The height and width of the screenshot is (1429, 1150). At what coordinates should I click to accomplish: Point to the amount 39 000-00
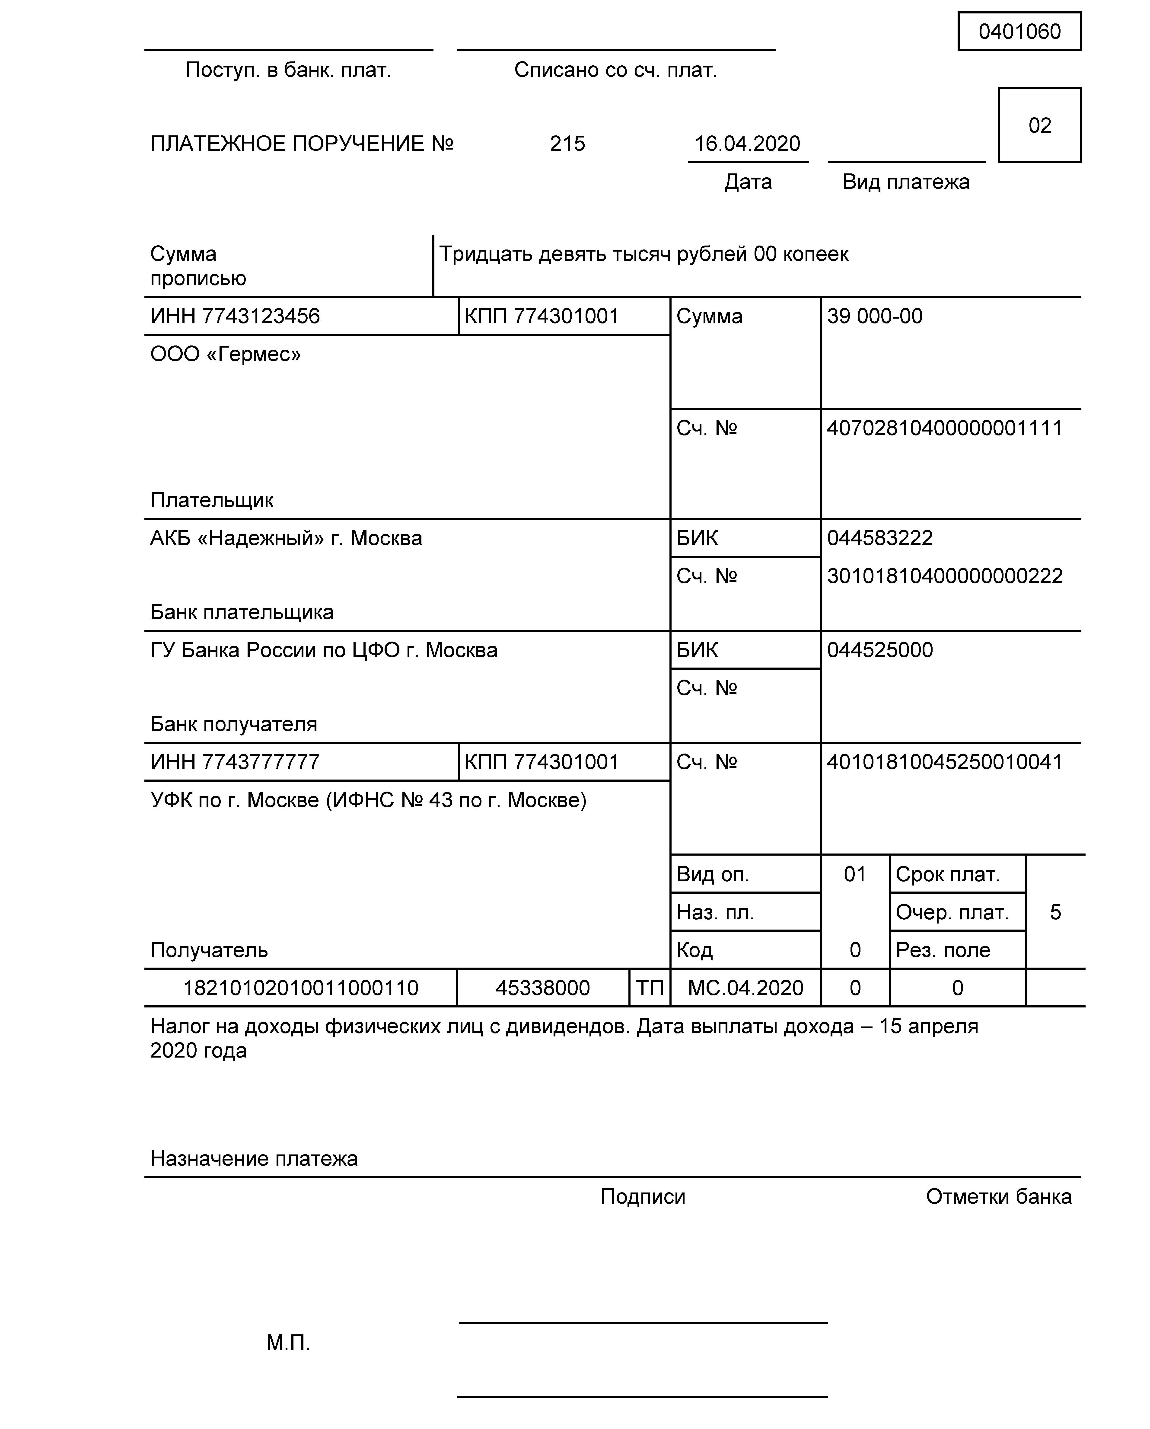[874, 316]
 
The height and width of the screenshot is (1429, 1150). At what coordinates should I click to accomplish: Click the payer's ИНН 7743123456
[235, 316]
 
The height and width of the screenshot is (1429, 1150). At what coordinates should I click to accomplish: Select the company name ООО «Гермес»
[225, 355]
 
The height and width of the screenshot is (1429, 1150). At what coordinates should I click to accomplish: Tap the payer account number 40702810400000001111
[944, 428]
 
